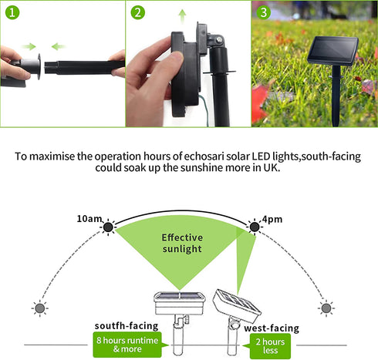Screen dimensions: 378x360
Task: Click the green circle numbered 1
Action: click(12, 12)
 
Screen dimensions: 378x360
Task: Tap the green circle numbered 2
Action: click(138, 12)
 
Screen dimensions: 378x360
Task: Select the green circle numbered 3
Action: click(264, 12)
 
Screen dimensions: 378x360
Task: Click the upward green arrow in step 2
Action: click(183, 16)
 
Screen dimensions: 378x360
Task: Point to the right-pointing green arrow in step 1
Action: click(29, 46)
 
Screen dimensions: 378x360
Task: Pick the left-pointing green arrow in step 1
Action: click(59, 46)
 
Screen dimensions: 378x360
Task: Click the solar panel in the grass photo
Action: click(333, 51)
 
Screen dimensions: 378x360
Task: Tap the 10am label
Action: click(89, 219)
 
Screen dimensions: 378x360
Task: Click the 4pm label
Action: click(272, 219)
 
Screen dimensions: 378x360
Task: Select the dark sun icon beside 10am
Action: click(108, 227)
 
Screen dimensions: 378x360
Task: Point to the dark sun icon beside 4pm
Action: click(255, 227)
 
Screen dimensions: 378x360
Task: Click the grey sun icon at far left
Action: click(40, 308)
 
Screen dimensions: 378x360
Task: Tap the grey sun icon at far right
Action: click(326, 308)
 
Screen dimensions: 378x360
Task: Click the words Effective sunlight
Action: click(182, 243)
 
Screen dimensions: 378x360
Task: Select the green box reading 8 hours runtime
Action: click(127, 345)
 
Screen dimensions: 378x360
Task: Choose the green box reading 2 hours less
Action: click(270, 346)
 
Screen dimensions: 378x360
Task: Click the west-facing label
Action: click(272, 328)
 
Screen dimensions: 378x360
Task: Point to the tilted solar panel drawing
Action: click(237, 306)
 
